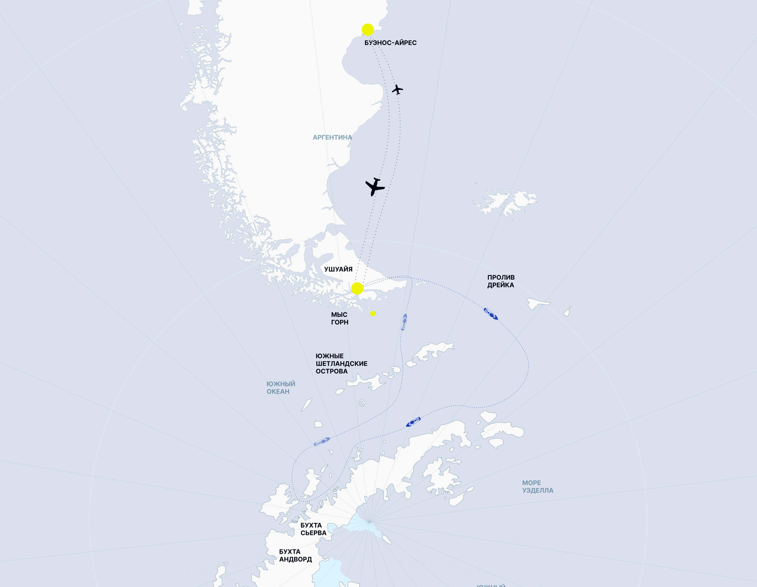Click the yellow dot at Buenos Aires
coord(368,30)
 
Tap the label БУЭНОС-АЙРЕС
coord(390,43)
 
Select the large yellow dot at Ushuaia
coord(357,288)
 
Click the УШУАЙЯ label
coord(338,269)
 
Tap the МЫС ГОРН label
coord(339,319)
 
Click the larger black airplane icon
coord(375,187)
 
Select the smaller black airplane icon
coord(397,89)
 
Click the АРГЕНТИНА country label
coord(332,138)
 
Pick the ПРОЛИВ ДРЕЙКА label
coord(501,281)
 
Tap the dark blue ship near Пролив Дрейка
coord(491,314)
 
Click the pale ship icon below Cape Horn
coord(404,322)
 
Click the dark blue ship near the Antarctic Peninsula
coord(413,422)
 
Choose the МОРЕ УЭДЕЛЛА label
coord(537,486)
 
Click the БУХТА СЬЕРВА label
coord(313,529)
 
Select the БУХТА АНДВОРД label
coord(295,555)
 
